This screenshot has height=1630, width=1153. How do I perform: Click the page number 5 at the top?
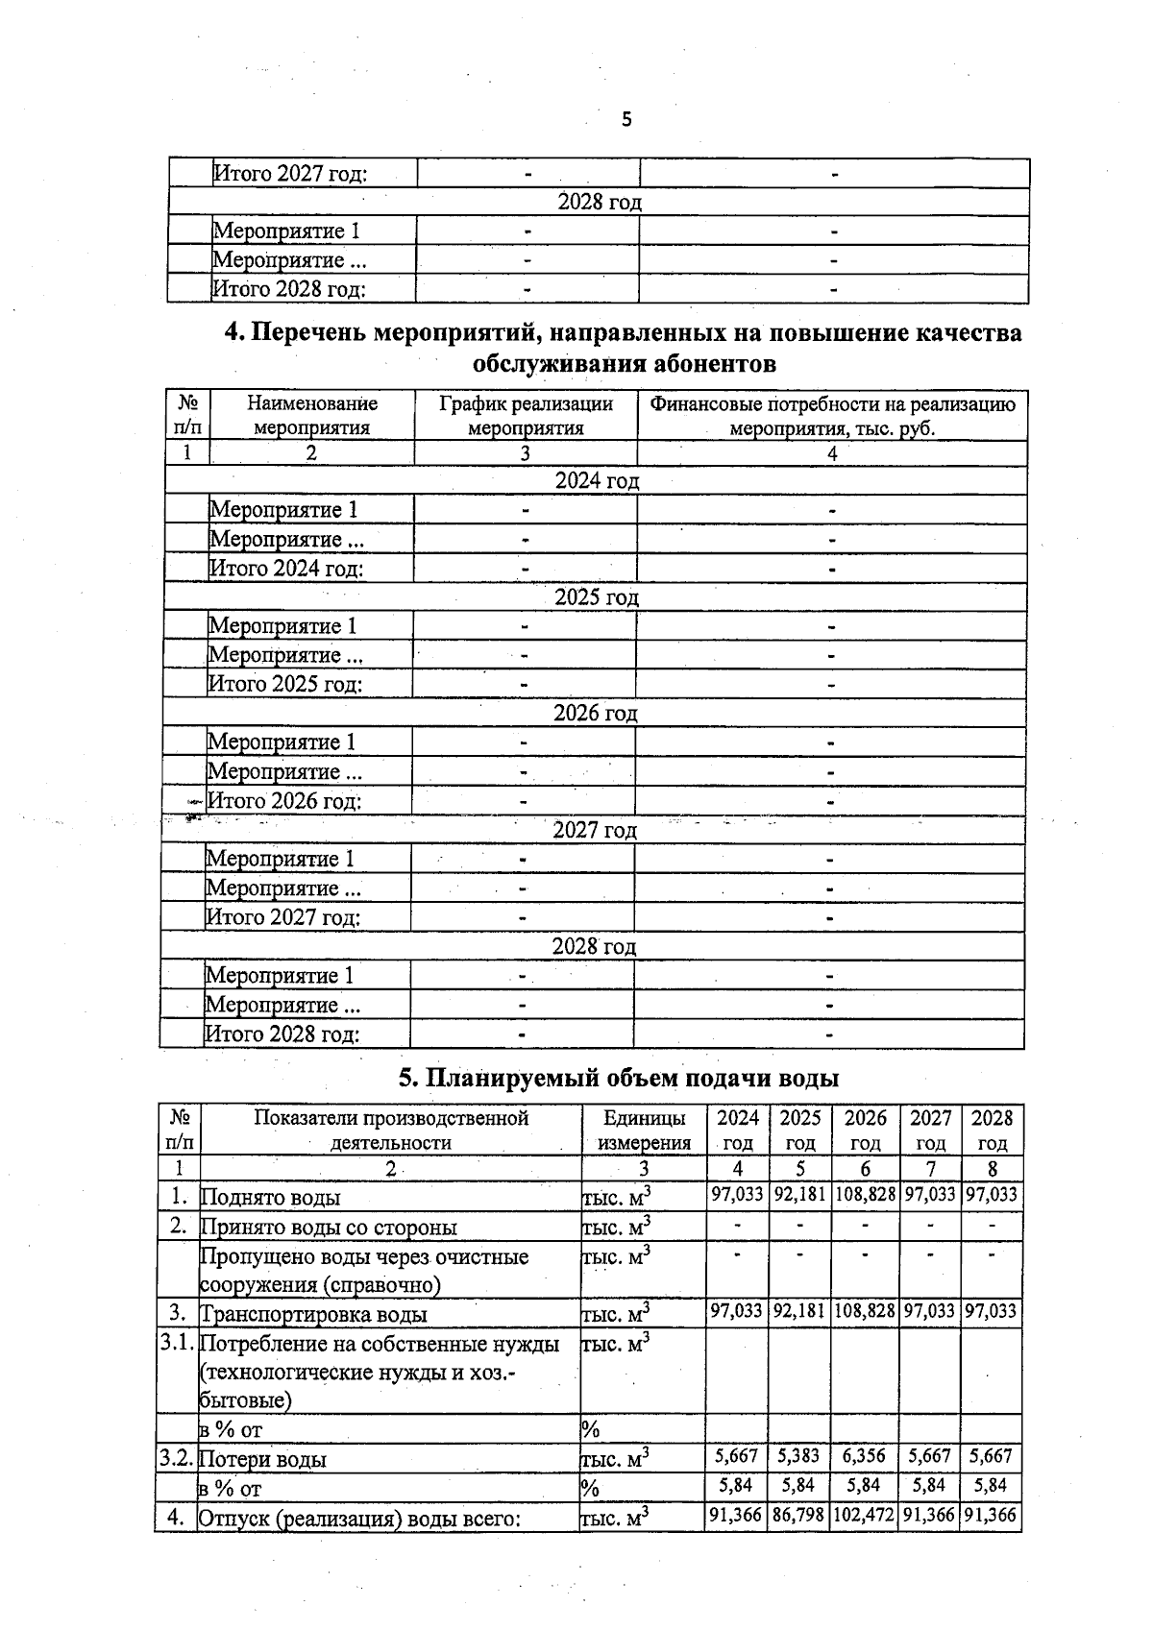coord(626,119)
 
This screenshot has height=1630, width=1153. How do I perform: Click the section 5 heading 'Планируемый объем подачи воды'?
coord(619,1078)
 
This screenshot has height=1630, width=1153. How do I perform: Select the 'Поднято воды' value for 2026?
coord(865,1194)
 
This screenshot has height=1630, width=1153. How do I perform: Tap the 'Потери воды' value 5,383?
coord(799,1455)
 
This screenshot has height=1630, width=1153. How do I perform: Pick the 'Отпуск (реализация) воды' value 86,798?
coord(798,1515)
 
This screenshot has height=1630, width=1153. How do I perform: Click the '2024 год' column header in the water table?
coord(738,1130)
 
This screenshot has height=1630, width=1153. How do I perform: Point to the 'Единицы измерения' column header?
coord(644,1130)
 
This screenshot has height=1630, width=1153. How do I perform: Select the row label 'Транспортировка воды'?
coord(313,1314)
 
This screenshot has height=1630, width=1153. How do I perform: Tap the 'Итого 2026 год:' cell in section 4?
coord(284,801)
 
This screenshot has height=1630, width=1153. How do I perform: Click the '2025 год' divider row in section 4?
coord(596,597)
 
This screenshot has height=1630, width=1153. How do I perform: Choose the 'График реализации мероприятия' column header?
coord(526,416)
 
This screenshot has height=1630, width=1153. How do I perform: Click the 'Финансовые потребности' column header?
coord(832,416)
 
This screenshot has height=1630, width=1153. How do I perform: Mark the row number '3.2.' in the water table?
coord(177,1457)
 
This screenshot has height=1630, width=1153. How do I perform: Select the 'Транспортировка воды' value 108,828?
coord(865,1311)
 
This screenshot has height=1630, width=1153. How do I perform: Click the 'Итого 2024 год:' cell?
coord(286,569)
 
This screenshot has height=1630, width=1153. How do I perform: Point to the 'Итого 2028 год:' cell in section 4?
coord(282,1034)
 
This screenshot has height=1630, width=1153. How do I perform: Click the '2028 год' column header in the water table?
coord(992,1130)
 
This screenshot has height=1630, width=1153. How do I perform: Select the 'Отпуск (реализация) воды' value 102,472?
coord(865,1515)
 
